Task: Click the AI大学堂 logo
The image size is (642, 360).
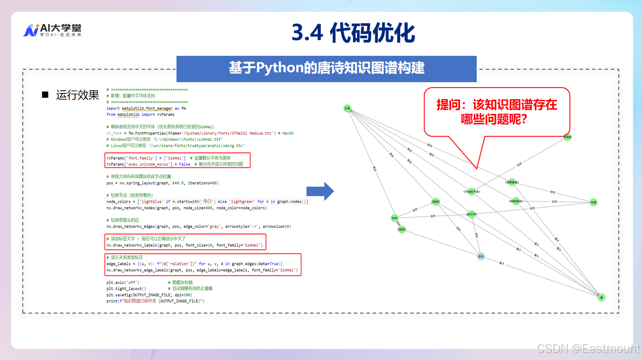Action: (52, 30)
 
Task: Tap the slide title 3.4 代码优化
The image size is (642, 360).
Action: (353, 33)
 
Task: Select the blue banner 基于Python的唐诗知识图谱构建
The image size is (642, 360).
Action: (326, 68)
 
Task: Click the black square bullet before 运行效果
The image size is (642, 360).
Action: (45, 95)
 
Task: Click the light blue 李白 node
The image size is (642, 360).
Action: (481, 256)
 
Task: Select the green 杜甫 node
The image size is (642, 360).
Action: (593, 202)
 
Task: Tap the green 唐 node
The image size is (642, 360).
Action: (602, 297)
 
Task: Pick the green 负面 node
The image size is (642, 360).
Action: (347, 108)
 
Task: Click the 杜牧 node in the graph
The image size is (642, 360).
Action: (394, 218)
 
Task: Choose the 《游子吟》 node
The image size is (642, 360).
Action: (471, 214)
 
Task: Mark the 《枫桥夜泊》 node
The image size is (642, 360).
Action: (516, 201)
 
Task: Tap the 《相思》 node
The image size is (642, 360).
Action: (401, 230)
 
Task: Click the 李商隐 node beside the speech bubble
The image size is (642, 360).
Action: (567, 137)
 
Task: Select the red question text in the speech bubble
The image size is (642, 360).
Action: (496, 111)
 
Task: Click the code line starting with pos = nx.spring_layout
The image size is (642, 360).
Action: (162, 183)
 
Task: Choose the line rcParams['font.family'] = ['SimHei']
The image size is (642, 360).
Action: (146, 158)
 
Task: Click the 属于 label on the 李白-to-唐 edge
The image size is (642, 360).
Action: (502, 263)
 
